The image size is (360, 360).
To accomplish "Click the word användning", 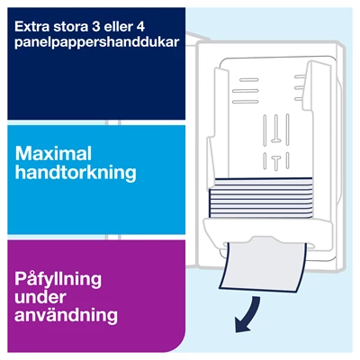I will (x=67, y=316).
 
